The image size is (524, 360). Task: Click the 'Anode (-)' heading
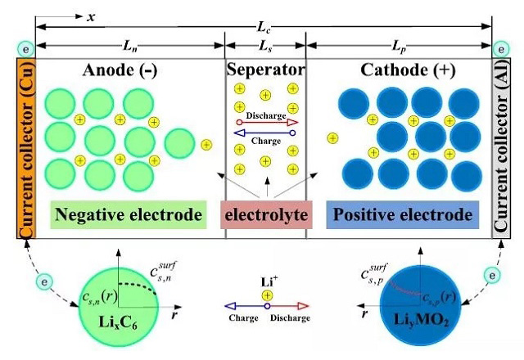pos(120,70)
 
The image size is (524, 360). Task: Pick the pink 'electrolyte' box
pos(265,216)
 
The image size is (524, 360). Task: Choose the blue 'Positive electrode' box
pos(401,216)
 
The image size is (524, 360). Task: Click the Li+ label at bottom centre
pos(267,281)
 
